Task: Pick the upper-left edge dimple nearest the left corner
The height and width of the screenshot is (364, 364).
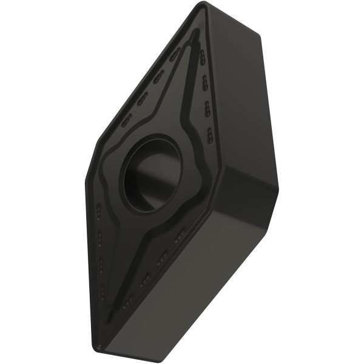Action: pyautogui.click(x=127, y=121)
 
